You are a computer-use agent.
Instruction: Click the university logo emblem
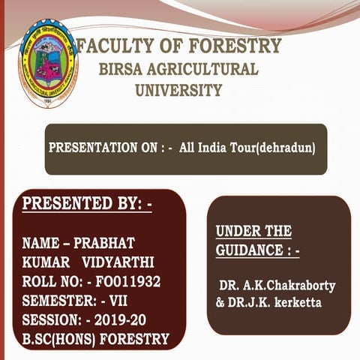47,66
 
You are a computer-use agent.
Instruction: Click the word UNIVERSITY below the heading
178,91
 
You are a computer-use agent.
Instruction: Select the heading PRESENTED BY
87,203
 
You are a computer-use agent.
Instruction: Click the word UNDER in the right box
235,231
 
